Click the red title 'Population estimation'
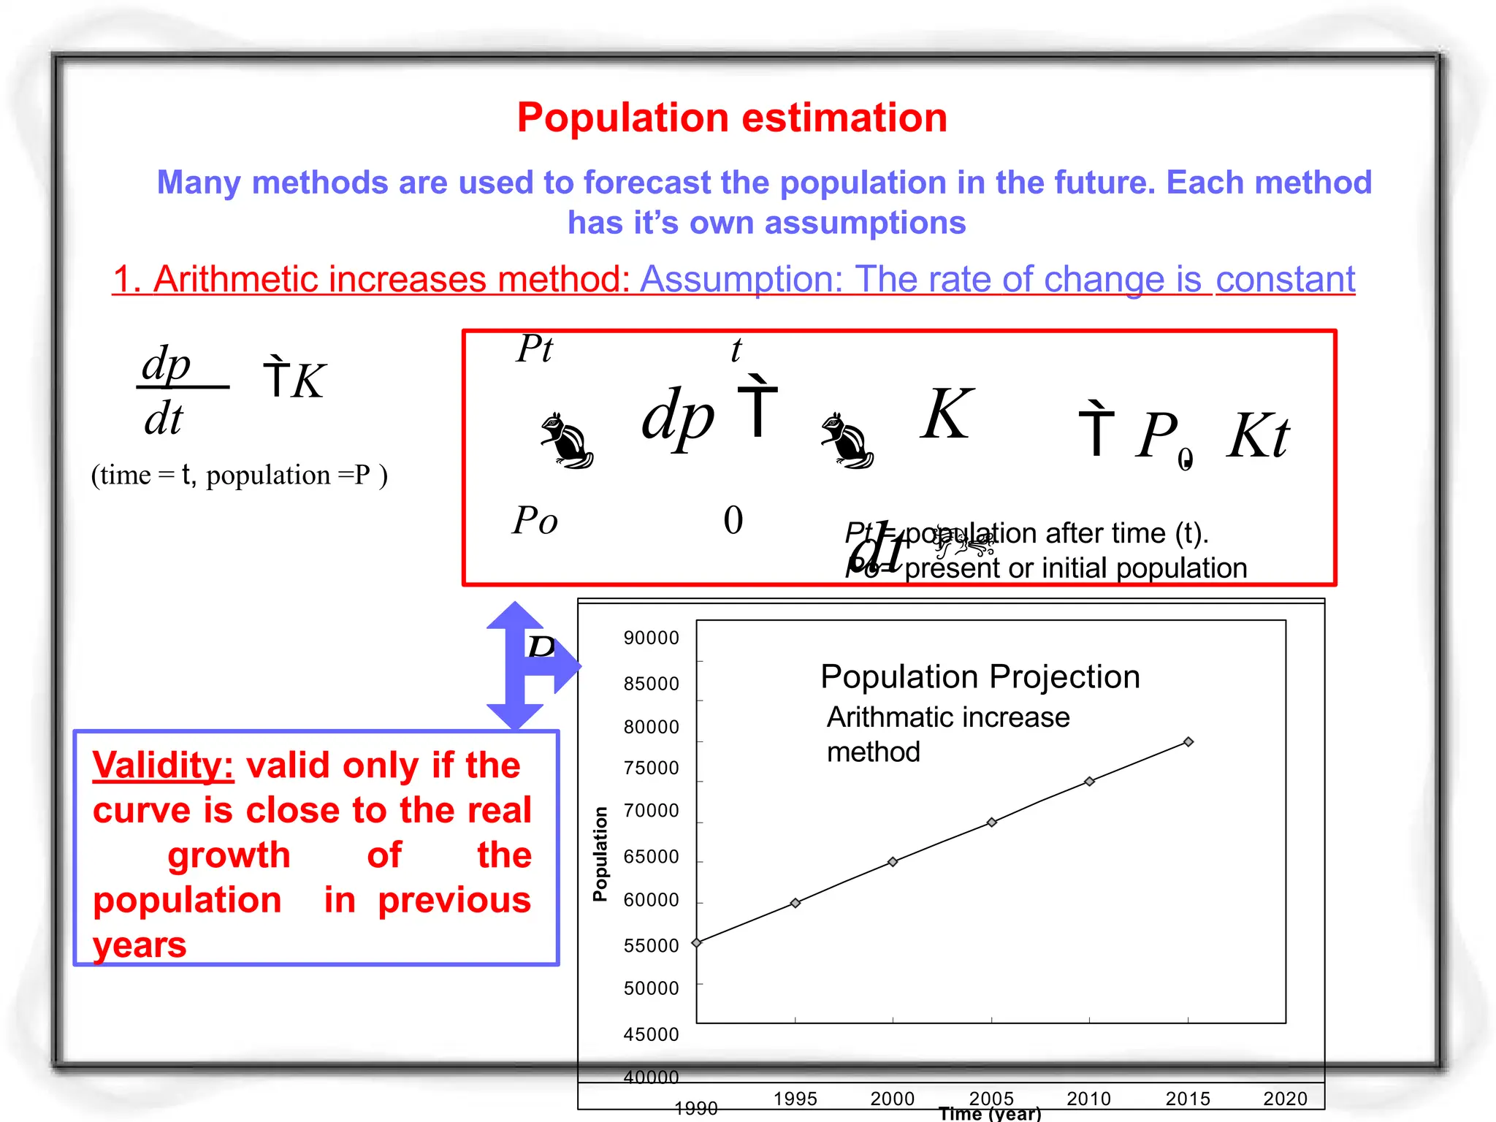732,118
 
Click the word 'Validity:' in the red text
163,766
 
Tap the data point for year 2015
1188,742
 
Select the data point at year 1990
697,943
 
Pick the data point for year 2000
893,862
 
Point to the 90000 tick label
651,638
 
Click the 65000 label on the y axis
651,857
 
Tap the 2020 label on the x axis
1285,1099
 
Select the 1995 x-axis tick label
795,1099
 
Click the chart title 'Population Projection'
980,677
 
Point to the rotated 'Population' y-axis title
600,854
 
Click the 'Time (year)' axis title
990,1114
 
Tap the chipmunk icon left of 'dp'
566,440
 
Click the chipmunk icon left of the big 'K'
847,440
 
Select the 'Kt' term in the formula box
1258,436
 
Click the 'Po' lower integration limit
535,521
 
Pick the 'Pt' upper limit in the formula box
535,349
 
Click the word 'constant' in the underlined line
1285,279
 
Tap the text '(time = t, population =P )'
239,476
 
